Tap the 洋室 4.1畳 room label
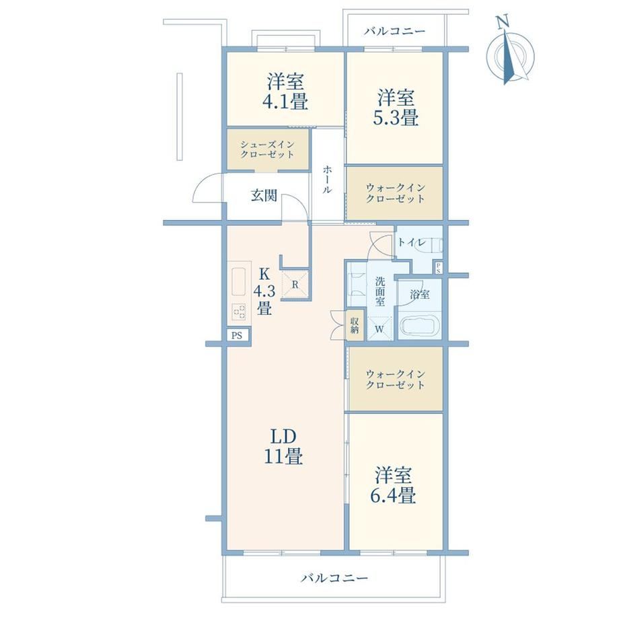285,92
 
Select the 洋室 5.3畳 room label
396,108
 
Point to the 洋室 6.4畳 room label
393,486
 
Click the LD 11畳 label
283,447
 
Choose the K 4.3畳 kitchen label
264,291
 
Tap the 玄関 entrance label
264,195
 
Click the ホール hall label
327,179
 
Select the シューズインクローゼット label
267,149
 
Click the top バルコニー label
395,31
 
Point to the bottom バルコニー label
334,579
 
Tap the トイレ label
411,242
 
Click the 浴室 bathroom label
420,294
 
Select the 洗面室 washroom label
379,292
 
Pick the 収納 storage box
355,326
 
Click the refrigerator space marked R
295,284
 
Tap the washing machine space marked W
379,328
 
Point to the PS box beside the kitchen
237,336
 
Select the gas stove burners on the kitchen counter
239,312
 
